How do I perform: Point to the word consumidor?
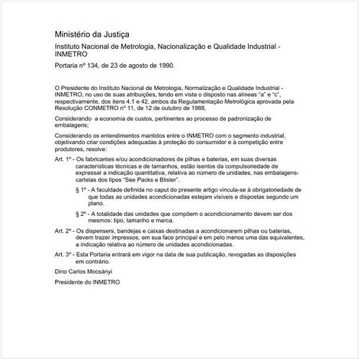tap(207, 149)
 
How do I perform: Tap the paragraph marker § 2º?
tap(81, 214)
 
